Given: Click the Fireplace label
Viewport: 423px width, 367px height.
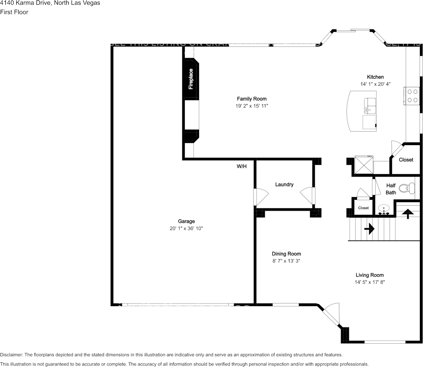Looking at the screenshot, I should pos(191,79).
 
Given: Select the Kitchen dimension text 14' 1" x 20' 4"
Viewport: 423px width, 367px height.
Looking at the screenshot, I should pos(375,84).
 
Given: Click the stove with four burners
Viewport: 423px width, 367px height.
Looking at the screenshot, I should pos(413,96).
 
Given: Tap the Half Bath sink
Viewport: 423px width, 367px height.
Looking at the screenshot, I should pos(384,209).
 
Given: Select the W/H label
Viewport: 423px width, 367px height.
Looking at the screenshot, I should pos(242,166).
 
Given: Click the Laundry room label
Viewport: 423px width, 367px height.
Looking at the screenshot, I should pos(284,185).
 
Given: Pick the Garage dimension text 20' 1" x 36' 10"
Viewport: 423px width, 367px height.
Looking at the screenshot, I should pos(186,229).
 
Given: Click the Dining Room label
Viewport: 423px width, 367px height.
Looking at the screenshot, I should pos(286,254).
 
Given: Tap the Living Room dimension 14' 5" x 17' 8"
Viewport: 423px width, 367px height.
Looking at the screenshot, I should pos(369,282).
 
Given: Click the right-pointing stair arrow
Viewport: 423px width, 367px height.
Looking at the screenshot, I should pos(369,229).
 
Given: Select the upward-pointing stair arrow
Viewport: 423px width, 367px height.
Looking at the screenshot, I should pos(407,214).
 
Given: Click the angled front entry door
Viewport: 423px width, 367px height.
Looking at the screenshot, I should pos(332,313).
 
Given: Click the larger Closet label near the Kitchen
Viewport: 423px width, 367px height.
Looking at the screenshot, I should pos(406,160).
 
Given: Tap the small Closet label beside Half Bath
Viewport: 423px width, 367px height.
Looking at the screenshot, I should pos(363,208).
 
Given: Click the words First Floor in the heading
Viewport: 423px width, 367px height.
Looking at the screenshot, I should pos(14,12).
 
